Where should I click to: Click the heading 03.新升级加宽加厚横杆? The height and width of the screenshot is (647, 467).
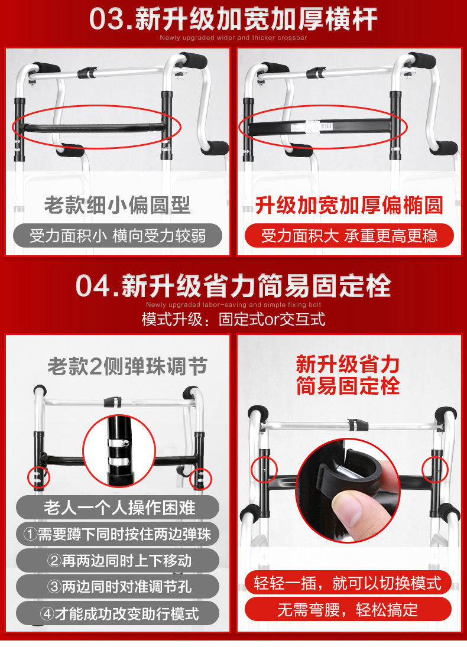point(234,19)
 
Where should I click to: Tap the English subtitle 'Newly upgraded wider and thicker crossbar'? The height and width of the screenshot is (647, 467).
point(234,38)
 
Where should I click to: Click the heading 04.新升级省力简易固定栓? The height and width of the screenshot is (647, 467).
point(234,285)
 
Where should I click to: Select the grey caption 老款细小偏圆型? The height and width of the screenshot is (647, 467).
point(117,205)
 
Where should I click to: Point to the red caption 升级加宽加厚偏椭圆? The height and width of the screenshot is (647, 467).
point(349,205)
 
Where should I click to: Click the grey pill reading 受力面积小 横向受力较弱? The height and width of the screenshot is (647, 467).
point(118,236)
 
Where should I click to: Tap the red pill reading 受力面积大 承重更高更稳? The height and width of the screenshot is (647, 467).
point(349,236)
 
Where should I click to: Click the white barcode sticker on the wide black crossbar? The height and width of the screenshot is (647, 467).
point(318,125)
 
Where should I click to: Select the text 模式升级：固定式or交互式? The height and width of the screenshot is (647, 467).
point(234,320)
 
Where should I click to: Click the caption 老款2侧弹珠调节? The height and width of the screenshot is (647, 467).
point(127,366)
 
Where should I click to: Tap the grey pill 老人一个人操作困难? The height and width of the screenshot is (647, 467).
point(118,507)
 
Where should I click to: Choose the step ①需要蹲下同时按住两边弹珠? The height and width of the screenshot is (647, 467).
point(118,534)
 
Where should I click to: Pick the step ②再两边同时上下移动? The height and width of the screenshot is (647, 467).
point(118,560)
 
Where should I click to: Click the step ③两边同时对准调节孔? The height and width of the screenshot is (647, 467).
point(118,586)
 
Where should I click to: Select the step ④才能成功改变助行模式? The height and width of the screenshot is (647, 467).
point(118,613)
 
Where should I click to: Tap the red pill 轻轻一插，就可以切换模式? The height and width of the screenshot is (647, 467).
point(348,583)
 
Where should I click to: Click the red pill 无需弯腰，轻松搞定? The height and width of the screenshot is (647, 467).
point(348,609)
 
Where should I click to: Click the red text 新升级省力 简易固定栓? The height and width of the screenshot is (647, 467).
point(348,375)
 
